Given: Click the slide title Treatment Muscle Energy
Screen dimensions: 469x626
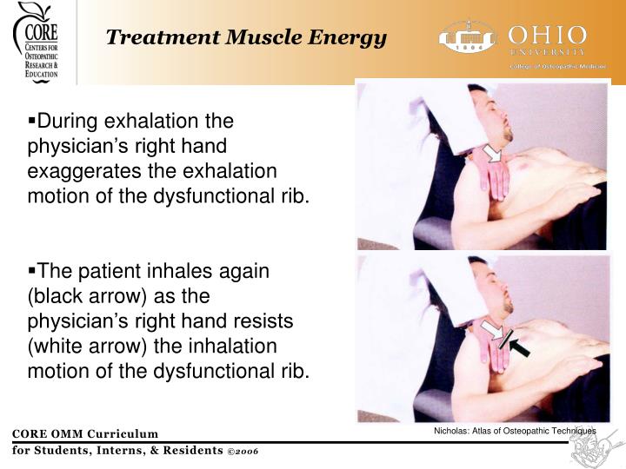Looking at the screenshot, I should point(246,37).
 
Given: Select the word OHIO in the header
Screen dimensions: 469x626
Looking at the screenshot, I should point(548,36).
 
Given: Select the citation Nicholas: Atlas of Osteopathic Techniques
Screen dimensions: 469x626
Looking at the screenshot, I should point(515,431).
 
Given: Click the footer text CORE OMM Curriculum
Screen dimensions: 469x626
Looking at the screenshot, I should point(84,434).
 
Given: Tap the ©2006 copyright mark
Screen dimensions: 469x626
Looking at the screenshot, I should point(243,451).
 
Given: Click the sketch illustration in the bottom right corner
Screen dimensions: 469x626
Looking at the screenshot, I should point(596,449).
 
